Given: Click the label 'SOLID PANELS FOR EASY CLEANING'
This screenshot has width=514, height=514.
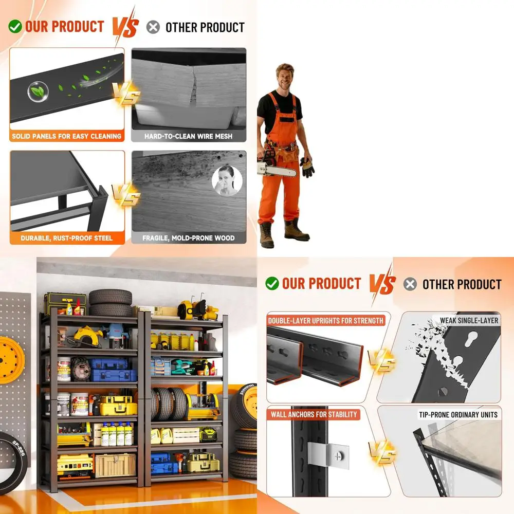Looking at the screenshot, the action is (x=66, y=136).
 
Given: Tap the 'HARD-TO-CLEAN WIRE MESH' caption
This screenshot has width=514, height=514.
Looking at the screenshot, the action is (x=189, y=136).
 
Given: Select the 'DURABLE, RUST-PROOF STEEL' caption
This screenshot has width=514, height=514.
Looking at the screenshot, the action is (x=66, y=238).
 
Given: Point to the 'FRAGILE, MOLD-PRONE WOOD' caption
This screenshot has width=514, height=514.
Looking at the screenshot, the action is (x=189, y=238).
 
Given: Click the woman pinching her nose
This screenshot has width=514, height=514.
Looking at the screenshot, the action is (x=227, y=180).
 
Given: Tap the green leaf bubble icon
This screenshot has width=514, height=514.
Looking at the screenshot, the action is (x=39, y=91).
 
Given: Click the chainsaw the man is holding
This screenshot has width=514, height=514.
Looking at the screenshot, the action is (x=276, y=166).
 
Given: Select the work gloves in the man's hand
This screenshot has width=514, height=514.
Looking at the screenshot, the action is (x=307, y=167).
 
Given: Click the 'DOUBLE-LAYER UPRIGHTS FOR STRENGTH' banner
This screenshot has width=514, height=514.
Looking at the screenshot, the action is (x=325, y=321).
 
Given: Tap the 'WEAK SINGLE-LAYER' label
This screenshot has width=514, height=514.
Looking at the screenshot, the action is (x=469, y=320).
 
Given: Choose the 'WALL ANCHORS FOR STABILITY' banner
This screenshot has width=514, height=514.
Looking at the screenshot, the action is (x=314, y=414).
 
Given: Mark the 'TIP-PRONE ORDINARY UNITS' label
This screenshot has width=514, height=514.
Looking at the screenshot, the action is (x=458, y=415).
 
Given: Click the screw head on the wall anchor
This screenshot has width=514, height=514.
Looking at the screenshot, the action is (x=338, y=455).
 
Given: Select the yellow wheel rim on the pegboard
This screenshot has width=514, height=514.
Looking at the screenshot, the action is (x=11, y=360).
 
